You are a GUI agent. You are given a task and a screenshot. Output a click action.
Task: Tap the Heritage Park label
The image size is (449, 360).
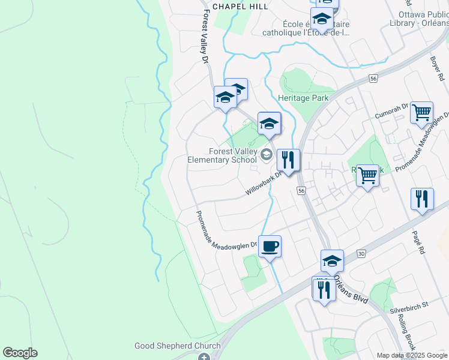tap(303, 97)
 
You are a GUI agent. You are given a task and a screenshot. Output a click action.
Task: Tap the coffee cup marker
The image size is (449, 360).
tap(270, 246)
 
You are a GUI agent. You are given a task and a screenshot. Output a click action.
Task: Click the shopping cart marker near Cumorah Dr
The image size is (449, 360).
tap(422, 112)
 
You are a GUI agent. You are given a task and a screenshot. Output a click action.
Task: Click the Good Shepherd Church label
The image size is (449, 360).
tap(177, 346)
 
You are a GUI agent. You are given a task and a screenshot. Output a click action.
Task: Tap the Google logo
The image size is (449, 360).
tap(20, 353)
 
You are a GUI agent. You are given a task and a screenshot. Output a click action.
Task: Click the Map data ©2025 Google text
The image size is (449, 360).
tap(411, 355)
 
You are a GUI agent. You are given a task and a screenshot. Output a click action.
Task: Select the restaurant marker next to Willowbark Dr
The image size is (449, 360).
tap(288, 160)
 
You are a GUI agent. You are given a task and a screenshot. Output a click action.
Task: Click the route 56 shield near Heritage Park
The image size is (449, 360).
tap(373, 79)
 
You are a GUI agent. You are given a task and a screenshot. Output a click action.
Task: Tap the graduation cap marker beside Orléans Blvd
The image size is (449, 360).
tap(332, 260)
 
